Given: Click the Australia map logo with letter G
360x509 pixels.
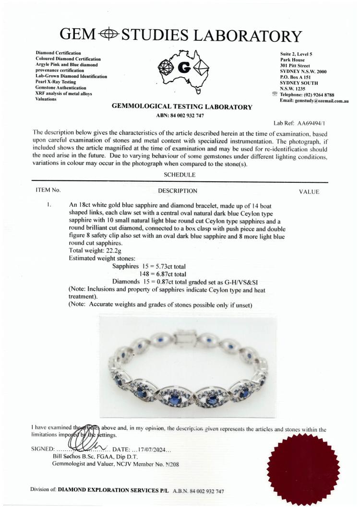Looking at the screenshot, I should tap(181, 70).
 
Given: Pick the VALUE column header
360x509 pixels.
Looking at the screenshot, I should tap(309, 191).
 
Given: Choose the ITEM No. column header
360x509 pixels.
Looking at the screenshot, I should tap(48, 190).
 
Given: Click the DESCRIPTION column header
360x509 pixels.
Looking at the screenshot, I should tap(178, 191).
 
